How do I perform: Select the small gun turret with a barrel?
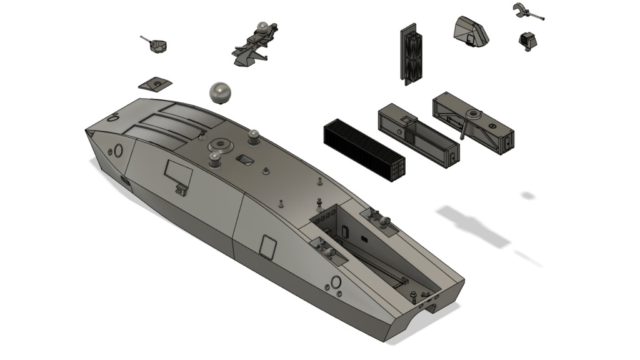(159, 46)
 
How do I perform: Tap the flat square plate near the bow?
(154, 84)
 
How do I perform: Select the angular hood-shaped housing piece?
(471, 32)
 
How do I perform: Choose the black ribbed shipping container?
(366, 150)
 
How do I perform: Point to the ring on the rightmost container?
(474, 114)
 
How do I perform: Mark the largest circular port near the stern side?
(336, 281)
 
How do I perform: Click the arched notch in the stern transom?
(432, 307)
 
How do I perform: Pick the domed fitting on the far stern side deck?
(382, 219)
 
